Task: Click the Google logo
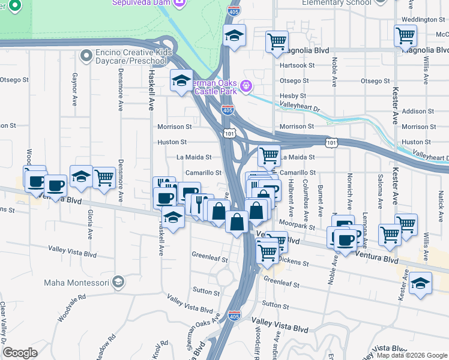tap(20, 353)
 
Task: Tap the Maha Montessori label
tap(76, 282)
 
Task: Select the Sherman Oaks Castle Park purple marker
tap(246, 88)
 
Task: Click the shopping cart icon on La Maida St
tap(270, 156)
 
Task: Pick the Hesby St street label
tap(293, 96)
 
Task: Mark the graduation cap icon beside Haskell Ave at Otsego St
tap(181, 83)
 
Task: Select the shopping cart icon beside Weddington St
tap(405, 35)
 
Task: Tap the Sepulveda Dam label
tap(142, 3)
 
